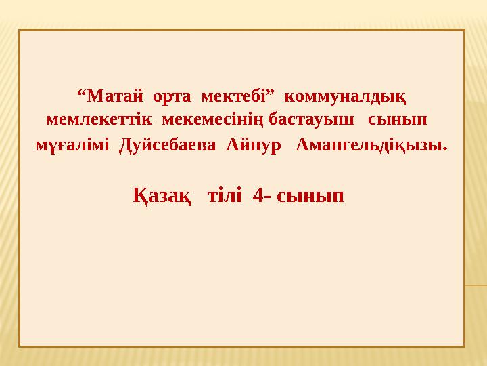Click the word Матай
(x=114, y=96)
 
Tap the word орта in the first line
(x=172, y=97)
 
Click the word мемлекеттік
(x=99, y=119)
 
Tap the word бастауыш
(x=311, y=119)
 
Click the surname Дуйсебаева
(x=168, y=145)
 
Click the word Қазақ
(x=162, y=196)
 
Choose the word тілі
(x=225, y=196)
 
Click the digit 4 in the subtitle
(x=258, y=196)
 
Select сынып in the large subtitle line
(x=310, y=197)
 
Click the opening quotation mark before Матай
(x=80, y=92)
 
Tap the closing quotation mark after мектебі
(x=271, y=92)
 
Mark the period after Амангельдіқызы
(x=445, y=149)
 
